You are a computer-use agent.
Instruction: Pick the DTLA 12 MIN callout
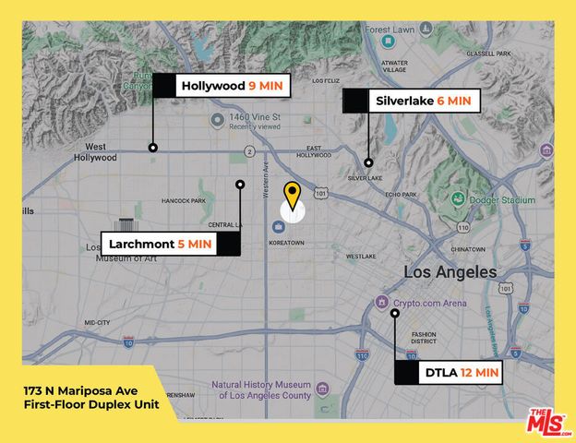[461, 373]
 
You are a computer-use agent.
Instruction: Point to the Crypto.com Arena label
[427, 303]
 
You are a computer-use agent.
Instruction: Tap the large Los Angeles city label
[450, 272]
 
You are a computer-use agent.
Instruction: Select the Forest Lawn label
[390, 30]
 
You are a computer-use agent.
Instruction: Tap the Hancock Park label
[184, 200]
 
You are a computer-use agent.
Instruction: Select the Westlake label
[361, 256]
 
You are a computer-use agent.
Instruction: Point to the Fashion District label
[424, 339]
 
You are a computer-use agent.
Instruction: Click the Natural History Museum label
[261, 390]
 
